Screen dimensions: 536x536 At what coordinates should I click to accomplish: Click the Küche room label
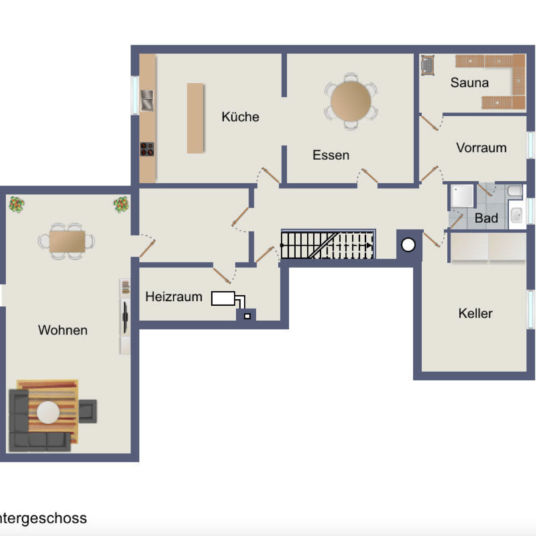(241, 117)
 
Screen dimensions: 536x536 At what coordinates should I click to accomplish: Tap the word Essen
(331, 155)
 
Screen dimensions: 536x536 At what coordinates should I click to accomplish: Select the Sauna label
(470, 82)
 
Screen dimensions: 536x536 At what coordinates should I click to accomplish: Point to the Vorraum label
(481, 147)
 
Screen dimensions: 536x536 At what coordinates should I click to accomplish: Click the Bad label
(486, 218)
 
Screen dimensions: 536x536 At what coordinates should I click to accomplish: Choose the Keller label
(476, 314)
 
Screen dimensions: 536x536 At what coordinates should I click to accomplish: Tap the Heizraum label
(174, 297)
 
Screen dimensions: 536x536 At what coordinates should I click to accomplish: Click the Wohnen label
(63, 330)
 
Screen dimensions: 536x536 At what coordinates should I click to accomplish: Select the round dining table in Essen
(350, 101)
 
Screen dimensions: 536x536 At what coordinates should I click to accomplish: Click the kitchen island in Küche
(195, 118)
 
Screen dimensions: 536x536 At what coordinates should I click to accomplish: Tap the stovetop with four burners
(147, 149)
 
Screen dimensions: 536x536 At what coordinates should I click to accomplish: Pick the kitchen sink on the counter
(147, 100)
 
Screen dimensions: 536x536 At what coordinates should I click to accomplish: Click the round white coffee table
(48, 412)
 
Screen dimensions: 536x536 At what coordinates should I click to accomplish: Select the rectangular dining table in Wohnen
(68, 241)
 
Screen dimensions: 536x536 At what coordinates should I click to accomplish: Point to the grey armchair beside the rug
(88, 411)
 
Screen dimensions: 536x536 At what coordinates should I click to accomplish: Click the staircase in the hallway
(328, 245)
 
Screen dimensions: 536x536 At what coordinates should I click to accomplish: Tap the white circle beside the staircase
(408, 245)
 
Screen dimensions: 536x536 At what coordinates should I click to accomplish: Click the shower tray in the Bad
(462, 196)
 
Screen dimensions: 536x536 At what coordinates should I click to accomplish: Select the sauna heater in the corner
(427, 64)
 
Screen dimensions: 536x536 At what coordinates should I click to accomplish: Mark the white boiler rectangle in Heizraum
(223, 298)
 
